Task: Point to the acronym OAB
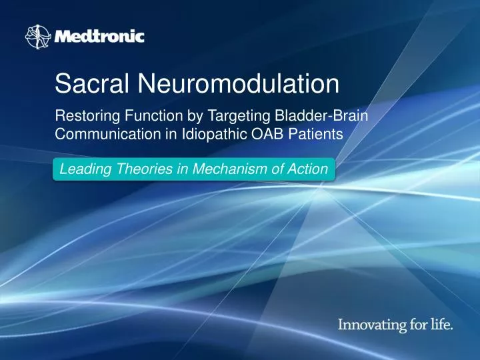pyautogui.click(x=252, y=133)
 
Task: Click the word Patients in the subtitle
pyautogui.click(x=305, y=133)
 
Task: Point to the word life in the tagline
pyautogui.click(x=441, y=325)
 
